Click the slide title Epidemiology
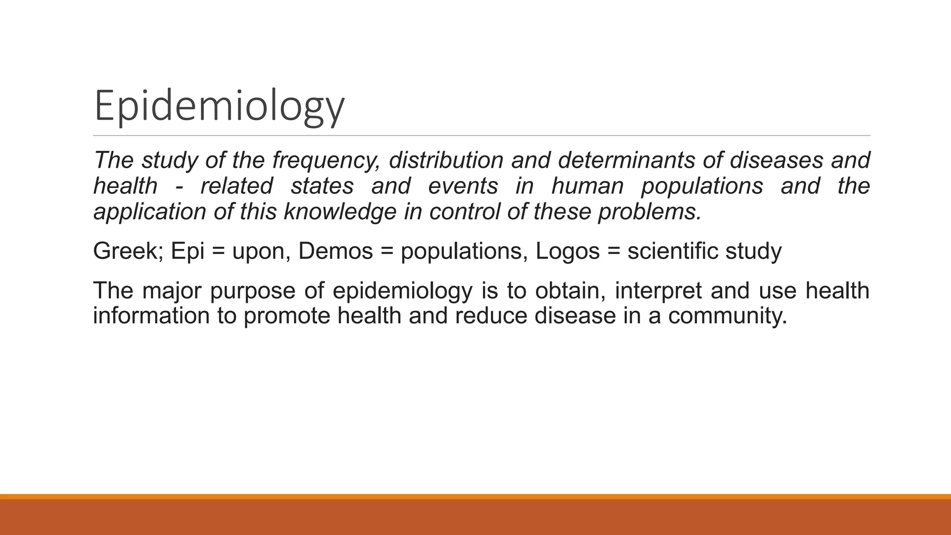pyautogui.click(x=219, y=106)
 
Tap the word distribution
pyautogui.click(x=446, y=160)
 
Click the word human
pyautogui.click(x=587, y=186)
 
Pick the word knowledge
pyautogui.click(x=340, y=212)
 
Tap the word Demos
pyautogui.click(x=335, y=251)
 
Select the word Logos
pyautogui.click(x=567, y=251)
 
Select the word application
pyautogui.click(x=150, y=212)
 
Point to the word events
pyautogui.click(x=463, y=186)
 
